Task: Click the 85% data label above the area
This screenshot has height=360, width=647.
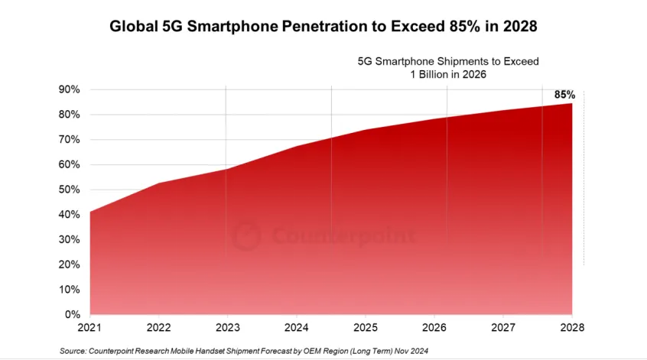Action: [x=564, y=95]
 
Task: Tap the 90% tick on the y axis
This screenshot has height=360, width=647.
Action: [x=70, y=89]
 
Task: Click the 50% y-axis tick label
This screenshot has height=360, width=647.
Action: [x=70, y=190]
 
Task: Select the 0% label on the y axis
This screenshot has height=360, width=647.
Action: [x=73, y=314]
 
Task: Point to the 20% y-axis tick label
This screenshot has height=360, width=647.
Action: [x=70, y=264]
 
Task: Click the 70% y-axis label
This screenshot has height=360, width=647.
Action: [x=70, y=140]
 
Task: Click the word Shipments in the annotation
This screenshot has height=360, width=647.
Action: [x=461, y=61]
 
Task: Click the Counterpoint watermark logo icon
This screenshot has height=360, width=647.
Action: [x=246, y=235]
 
